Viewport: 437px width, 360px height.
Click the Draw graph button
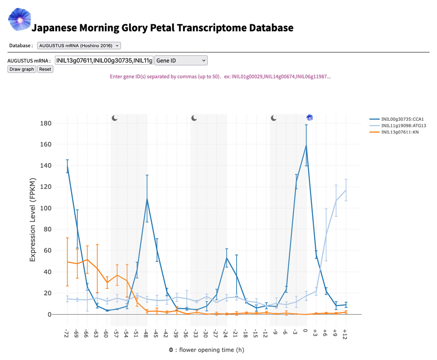pos(22,69)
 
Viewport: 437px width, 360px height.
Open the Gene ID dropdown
pos(181,60)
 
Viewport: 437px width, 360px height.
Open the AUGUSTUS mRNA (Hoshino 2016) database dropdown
pos(79,46)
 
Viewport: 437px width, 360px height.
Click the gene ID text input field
pos(104,60)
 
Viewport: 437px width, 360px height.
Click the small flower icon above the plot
pos(310,117)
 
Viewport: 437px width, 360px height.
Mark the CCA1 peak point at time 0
pos(306,145)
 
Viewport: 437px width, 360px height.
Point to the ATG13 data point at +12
pos(345,190)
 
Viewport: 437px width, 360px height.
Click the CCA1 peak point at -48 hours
pos(147,199)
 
